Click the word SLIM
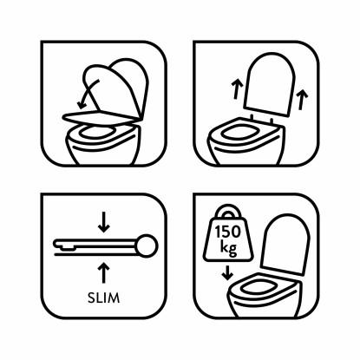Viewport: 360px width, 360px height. tap(103, 298)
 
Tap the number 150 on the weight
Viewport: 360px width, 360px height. tap(227, 232)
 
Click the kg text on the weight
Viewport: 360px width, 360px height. tap(228, 248)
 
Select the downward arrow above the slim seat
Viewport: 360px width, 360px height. tap(104, 222)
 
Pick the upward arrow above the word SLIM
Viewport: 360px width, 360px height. tap(104, 272)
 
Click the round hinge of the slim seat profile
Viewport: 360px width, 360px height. tap(147, 246)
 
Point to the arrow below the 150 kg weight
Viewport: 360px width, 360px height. tap(227, 272)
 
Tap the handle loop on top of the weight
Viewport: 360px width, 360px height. tap(228, 211)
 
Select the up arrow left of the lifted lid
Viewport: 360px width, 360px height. tap(237, 89)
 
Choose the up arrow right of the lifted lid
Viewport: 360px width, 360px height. tap(302, 100)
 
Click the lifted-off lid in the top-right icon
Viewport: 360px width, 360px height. tap(270, 84)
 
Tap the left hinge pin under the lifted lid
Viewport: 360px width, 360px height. tap(252, 117)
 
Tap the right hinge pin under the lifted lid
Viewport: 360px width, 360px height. tap(272, 121)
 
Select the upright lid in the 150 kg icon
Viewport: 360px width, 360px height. tap(285, 245)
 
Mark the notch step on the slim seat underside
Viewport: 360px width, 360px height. tap(67, 247)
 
